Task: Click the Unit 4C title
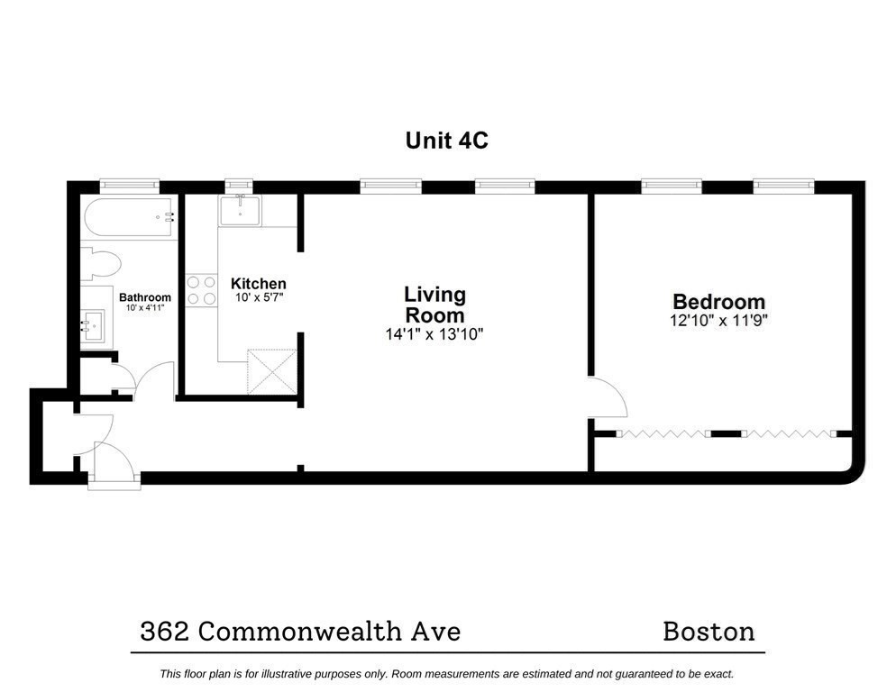(x=447, y=141)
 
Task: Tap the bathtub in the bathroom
(x=129, y=218)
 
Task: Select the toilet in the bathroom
(x=100, y=264)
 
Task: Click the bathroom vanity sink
(x=92, y=325)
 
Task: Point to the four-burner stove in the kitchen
(x=202, y=290)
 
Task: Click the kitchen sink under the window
(x=241, y=210)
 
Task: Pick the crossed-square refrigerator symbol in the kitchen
(x=272, y=371)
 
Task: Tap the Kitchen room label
(x=259, y=284)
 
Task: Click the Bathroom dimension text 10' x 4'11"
(x=145, y=307)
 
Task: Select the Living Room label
(x=434, y=305)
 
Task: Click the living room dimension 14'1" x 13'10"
(x=434, y=334)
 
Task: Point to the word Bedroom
(x=718, y=301)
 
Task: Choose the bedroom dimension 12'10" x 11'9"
(x=718, y=320)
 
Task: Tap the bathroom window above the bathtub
(x=130, y=185)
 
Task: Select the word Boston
(x=709, y=632)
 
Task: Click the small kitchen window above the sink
(x=238, y=185)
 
